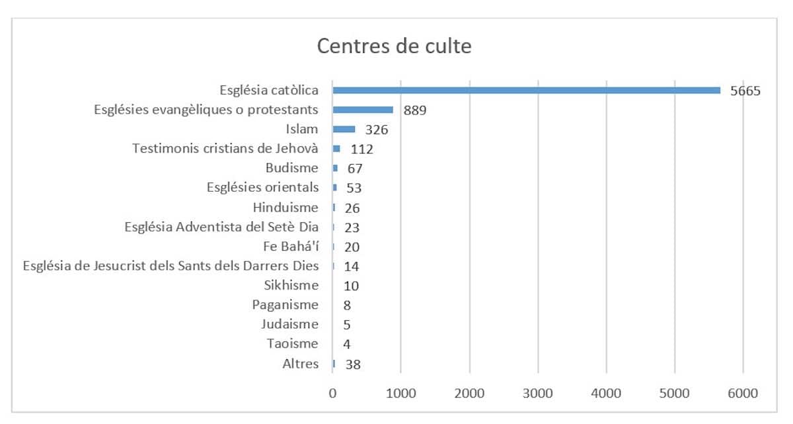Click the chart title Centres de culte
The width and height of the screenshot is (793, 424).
coord(395,47)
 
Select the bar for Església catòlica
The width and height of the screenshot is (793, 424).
coord(526,91)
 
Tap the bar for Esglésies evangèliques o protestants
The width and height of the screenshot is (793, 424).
coord(363,110)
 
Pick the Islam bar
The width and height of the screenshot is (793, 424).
coord(344,130)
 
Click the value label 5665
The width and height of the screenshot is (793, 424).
coord(745,91)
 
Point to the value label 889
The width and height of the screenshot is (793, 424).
coord(415,110)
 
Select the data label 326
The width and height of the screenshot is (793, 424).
coord(377,130)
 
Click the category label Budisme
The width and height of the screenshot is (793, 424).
coord(291,168)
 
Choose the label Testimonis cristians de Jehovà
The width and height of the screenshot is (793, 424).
coord(225,149)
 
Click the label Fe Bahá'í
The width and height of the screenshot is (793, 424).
coord(290,247)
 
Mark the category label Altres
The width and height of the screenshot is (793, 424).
coord(300,364)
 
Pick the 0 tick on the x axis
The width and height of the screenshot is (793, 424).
coord(333,393)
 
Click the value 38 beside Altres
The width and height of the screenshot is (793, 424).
coord(353,364)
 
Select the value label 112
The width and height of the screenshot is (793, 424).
coord(362,149)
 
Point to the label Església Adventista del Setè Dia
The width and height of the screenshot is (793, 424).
coord(221,228)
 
